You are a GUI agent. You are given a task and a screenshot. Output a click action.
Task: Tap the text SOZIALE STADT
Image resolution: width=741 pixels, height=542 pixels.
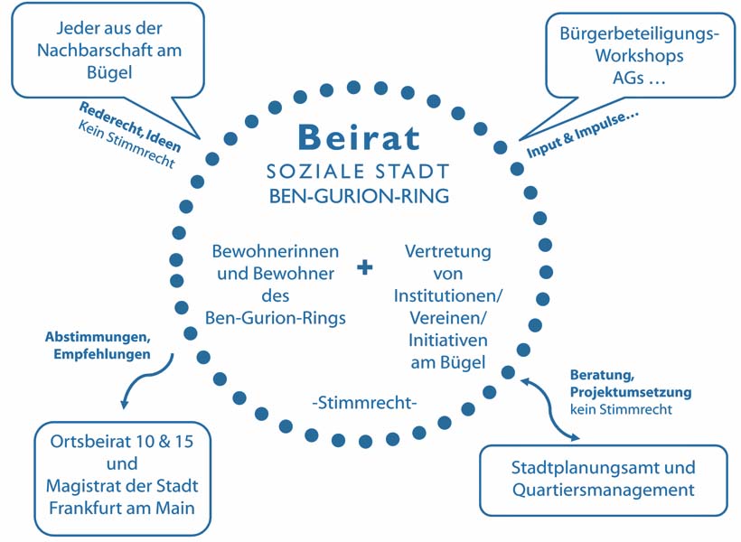pos(358,172)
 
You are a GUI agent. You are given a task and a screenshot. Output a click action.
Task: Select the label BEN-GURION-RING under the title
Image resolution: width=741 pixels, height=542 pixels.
pos(358,195)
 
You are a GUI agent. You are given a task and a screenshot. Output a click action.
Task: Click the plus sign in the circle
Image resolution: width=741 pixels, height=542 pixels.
pos(365,267)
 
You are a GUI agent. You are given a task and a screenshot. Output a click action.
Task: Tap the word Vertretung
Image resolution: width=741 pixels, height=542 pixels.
pos(448,250)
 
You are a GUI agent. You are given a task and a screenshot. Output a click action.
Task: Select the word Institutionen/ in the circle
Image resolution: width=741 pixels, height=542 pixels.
pos(448,295)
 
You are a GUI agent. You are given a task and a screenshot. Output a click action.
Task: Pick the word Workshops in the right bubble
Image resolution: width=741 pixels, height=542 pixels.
pos(639,56)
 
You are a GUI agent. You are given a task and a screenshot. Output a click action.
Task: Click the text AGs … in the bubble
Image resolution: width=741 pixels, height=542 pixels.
pos(639,78)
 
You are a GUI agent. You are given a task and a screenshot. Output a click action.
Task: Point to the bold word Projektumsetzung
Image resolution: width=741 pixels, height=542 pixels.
pos(631,392)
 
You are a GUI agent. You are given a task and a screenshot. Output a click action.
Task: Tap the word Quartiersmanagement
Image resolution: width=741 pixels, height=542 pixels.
pos(603,491)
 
